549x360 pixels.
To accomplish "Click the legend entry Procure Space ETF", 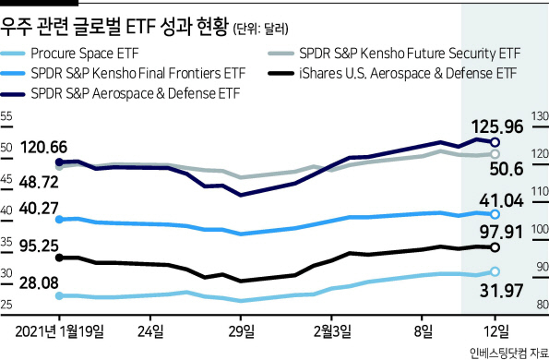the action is pos(85,54).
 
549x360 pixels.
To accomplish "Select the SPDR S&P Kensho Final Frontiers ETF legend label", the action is pos(138,74).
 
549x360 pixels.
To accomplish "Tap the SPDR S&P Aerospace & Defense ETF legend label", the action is pos(136,93).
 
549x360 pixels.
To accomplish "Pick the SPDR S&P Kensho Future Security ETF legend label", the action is pos(410,54).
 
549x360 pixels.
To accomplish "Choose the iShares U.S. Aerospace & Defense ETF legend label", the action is pos(408,74).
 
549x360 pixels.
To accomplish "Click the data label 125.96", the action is pos(497,126).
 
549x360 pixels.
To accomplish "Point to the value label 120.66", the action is pos(43,147).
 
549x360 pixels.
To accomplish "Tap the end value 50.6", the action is pos(507,169).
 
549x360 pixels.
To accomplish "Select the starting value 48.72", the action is pos(39,183).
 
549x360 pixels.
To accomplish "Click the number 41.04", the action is pos(501,200).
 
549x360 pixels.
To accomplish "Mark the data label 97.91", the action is pos(501,232).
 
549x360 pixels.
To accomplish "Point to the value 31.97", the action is pos(501,291).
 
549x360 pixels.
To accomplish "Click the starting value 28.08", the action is pos(39,283).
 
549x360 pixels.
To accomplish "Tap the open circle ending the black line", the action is pos(495,247).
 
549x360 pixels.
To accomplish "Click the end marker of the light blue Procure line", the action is pos(495,271).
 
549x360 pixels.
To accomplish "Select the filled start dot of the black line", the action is pos(60,258).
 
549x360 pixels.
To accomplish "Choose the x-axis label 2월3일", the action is pos(332,331).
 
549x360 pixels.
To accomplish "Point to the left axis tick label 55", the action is pos(6,116).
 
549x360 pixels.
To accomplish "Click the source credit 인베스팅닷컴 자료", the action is pos(509,353).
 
